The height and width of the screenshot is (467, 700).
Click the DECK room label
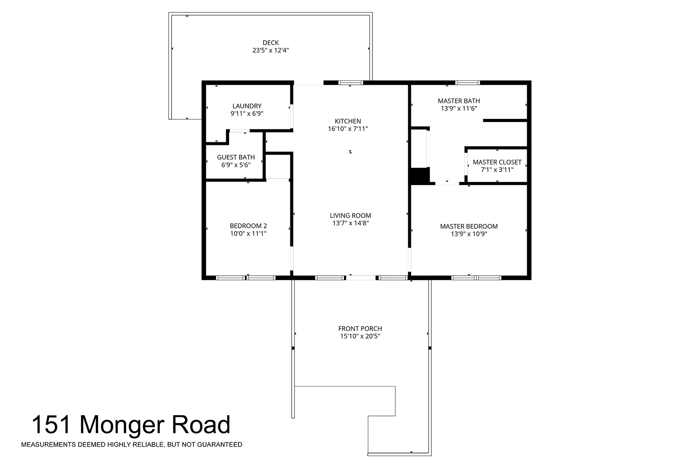pos(270,42)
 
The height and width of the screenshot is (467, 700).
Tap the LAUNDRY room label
pos(247,106)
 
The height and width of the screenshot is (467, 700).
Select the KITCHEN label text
pos(348,121)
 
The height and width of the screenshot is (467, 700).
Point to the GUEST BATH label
pos(236,157)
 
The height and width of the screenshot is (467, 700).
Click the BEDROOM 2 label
pos(248,226)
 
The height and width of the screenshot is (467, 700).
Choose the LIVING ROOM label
pos(350,215)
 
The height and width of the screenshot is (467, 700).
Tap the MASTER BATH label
pos(459,101)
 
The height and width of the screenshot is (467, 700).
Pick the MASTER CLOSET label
pos(497,162)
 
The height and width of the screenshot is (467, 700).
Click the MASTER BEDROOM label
pos(469,226)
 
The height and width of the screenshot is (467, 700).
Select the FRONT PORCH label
pos(360,329)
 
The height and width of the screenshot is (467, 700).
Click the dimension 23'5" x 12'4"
pos(270,50)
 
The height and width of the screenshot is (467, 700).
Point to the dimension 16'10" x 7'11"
pos(348,128)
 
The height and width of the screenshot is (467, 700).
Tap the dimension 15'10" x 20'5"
pos(360,336)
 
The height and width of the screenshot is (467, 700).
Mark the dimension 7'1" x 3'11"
pos(497,170)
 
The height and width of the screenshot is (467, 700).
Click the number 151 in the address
pos(51,425)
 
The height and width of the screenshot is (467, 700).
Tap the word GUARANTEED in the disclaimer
pos(220,445)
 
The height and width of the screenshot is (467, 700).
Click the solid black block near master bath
pos(420,176)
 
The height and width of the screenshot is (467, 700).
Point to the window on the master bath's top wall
pos(468,83)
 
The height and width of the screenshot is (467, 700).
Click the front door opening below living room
pos(361,278)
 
